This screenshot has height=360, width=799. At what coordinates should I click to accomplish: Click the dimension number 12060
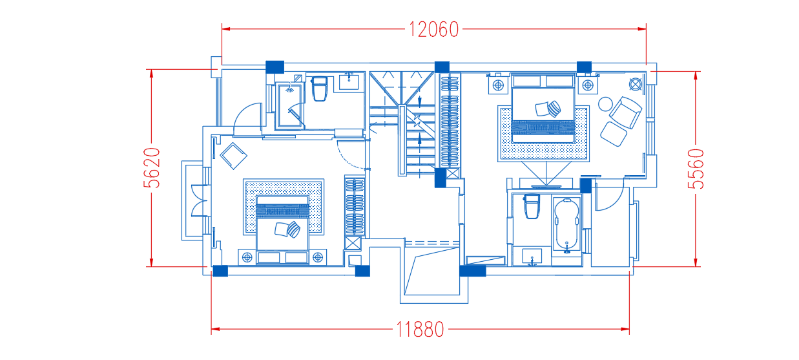(x=433, y=29)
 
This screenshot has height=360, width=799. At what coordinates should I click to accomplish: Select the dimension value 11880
(x=420, y=330)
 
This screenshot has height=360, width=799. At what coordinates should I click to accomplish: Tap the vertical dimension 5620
(x=152, y=167)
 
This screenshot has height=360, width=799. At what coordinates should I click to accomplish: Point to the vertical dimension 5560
(x=696, y=169)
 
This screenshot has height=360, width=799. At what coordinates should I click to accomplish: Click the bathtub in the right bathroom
(x=566, y=226)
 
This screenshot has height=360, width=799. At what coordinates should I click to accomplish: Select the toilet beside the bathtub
(x=532, y=206)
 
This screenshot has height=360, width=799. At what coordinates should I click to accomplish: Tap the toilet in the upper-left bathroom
(x=319, y=89)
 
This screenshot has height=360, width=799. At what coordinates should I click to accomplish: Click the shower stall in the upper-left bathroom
(x=289, y=105)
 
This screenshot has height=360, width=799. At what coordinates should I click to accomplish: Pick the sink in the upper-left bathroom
(x=349, y=82)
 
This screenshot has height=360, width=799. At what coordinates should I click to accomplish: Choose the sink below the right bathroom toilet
(x=532, y=257)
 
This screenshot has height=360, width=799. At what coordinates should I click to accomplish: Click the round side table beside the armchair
(x=605, y=104)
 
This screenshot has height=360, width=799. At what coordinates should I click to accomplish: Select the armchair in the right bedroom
(x=625, y=112)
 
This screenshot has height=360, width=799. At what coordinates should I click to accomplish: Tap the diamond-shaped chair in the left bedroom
(x=233, y=156)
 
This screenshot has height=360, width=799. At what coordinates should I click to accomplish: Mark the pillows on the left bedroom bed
(x=287, y=229)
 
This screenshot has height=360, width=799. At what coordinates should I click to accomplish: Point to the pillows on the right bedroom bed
(x=548, y=109)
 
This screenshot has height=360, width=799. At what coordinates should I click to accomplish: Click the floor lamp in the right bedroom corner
(x=636, y=84)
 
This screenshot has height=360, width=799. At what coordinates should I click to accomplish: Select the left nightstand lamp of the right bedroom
(x=498, y=85)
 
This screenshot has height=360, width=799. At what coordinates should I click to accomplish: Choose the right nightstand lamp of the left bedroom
(x=318, y=257)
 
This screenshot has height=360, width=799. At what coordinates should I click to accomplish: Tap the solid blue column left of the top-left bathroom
(x=275, y=67)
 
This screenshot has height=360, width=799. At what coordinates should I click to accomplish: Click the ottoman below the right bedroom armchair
(x=614, y=134)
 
